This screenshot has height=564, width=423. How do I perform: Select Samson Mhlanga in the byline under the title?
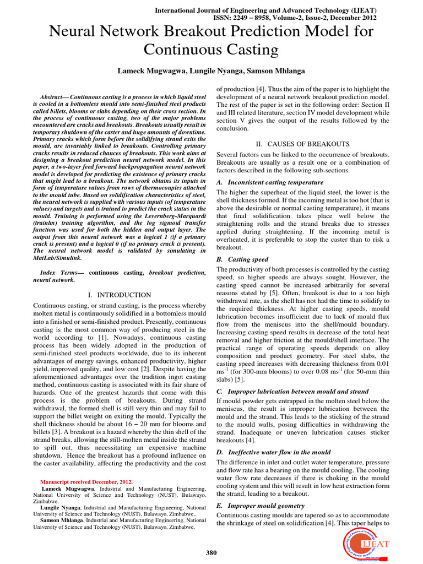[x=278, y=72]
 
